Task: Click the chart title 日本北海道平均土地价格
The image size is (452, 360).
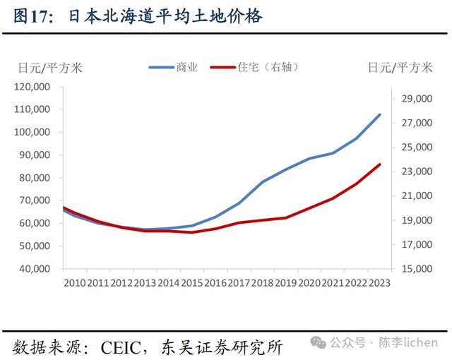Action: coord(165,16)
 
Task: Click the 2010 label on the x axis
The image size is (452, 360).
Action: coord(74,283)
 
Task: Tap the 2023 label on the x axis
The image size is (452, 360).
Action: coord(379,283)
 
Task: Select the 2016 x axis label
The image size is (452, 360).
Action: coord(215,283)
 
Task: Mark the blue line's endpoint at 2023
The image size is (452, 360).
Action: coord(380,114)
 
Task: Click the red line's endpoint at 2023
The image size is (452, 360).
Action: coord(380,164)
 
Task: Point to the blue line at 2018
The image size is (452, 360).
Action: coord(263,182)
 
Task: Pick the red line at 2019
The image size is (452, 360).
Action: coord(286,217)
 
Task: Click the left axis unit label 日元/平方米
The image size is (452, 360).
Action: coord(50,68)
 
